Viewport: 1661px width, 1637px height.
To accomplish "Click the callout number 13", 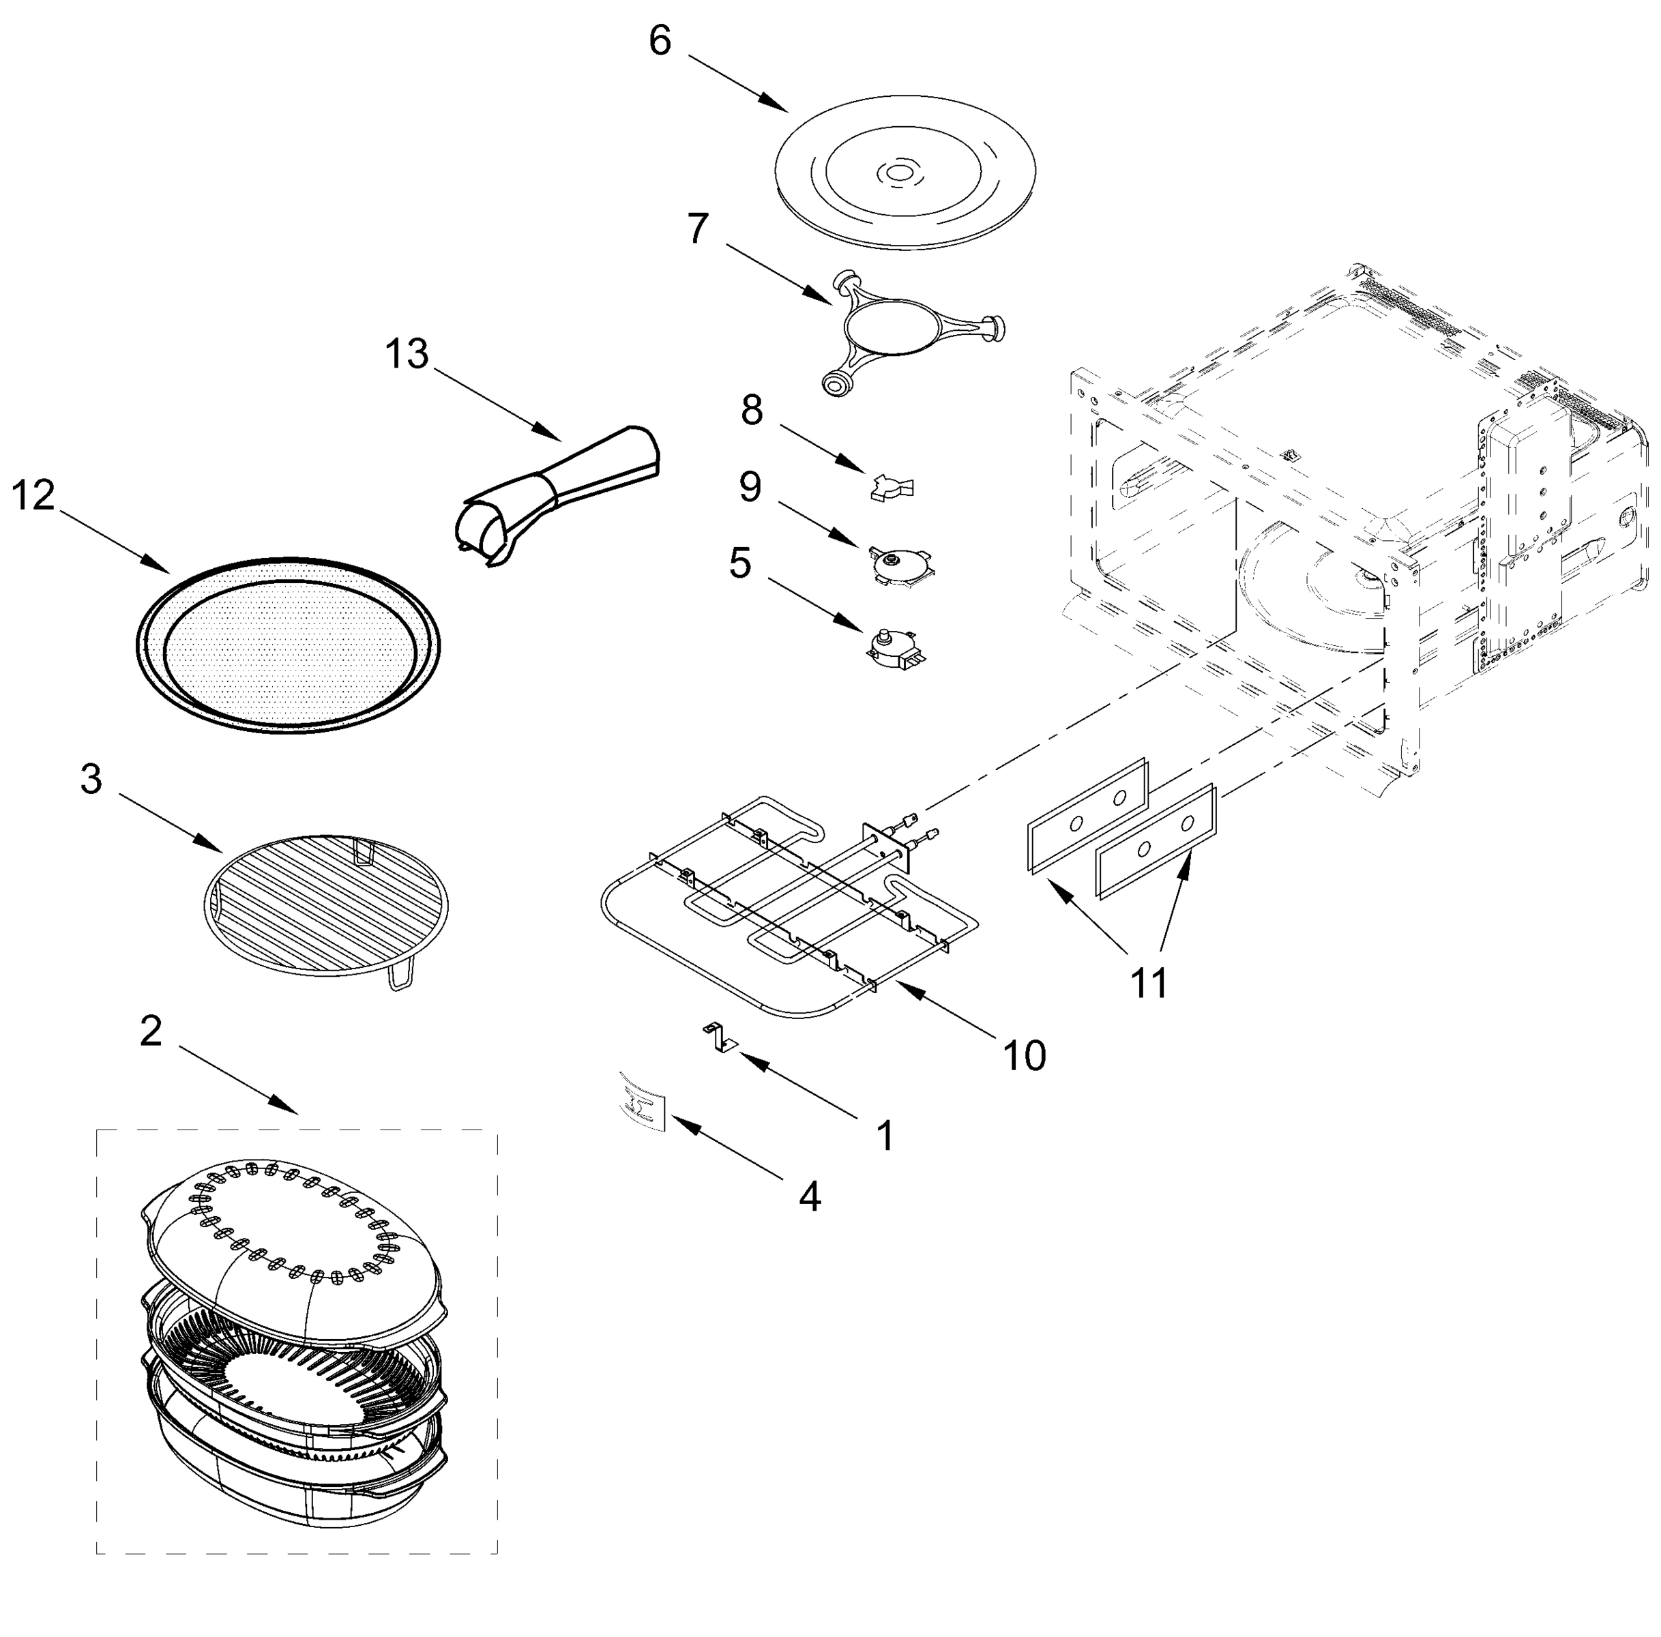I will coord(407,353).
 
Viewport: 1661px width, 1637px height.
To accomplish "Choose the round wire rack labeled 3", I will coord(327,904).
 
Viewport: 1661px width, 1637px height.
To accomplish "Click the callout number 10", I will coord(1024,1054).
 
